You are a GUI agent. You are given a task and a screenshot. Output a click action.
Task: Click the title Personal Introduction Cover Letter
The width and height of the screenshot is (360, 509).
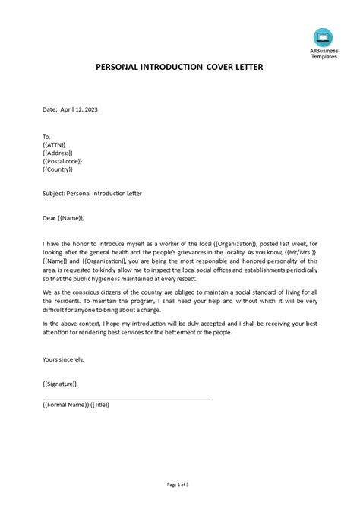point(179,67)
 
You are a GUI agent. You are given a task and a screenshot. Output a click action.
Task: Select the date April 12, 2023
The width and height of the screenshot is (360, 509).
point(80,109)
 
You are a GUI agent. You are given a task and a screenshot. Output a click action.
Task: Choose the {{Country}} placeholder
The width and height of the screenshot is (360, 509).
point(59,170)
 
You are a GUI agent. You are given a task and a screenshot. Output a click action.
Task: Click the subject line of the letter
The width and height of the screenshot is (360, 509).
point(92,194)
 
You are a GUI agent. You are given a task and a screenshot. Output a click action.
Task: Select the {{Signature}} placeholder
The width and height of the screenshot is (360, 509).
point(60,384)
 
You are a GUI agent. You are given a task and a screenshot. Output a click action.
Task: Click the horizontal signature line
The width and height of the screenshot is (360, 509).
point(126,399)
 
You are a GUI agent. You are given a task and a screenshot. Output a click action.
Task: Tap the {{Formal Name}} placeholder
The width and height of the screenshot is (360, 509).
point(66,406)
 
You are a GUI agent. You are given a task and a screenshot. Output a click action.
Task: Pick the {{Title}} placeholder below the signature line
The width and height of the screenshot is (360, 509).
point(101,406)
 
